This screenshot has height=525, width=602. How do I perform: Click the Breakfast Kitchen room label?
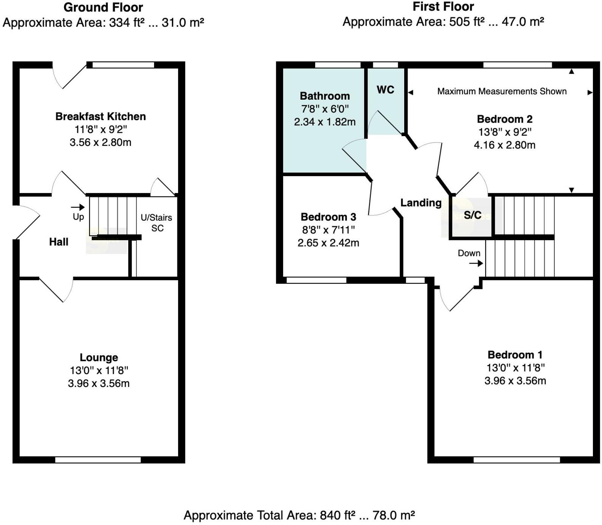coord(100,116)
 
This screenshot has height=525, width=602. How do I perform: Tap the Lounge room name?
coord(99,357)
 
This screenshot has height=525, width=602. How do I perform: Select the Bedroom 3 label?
coord(328,217)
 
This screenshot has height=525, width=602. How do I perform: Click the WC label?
coord(385,90)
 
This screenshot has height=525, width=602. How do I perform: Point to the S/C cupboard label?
coord(472,215)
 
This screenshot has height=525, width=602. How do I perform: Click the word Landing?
coord(420,203)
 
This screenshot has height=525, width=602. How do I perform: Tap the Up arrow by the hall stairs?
coord(78,207)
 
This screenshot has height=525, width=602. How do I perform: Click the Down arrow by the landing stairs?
coord(476,263)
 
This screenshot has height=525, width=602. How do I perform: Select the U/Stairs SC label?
coord(157,223)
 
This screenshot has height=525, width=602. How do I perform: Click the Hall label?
coord(59,242)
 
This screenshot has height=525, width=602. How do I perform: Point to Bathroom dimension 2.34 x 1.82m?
coord(325,122)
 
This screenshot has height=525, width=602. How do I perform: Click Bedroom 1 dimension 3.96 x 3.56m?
coord(515,381)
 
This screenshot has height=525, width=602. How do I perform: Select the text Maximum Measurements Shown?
coord(502,91)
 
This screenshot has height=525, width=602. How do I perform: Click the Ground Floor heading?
coord(103,7)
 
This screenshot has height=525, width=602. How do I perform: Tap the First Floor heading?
coord(443,6)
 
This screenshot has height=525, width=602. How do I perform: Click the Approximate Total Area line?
coord(299,515)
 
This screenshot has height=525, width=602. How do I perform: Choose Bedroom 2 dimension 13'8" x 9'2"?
coord(505,132)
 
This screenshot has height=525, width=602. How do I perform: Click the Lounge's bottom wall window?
coord(98,460)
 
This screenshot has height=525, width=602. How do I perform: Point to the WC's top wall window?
coord(385,65)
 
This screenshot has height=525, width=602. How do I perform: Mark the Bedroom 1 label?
coord(515,355)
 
